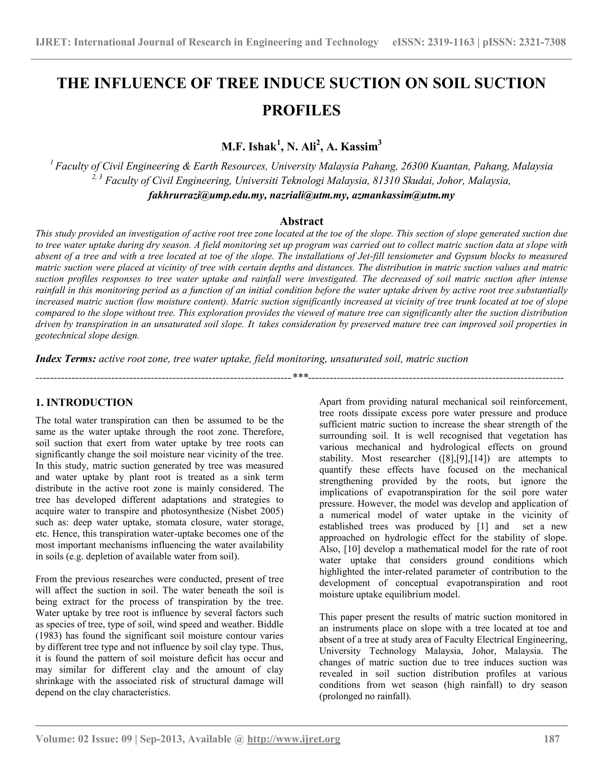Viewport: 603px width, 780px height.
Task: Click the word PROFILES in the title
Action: click(x=301, y=110)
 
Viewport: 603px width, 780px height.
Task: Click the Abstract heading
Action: click(x=301, y=221)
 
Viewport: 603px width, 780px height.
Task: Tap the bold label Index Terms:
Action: click(x=65, y=359)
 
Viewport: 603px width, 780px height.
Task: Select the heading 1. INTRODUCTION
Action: click(x=84, y=402)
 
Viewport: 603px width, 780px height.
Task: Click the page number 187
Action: click(x=551, y=739)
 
